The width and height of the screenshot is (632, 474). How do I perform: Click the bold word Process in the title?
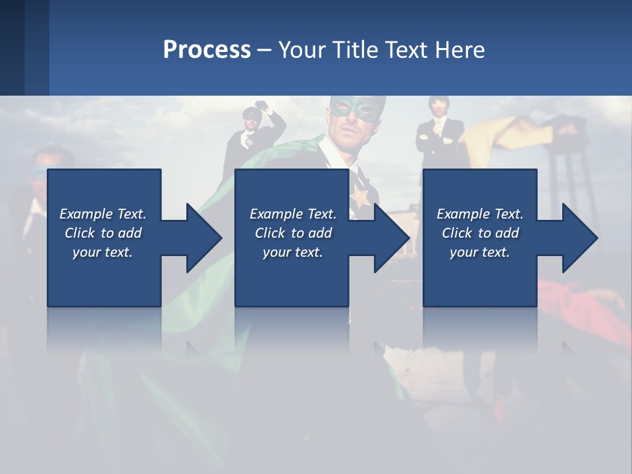coord(207,50)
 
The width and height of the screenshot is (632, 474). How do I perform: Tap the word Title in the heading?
coord(354,50)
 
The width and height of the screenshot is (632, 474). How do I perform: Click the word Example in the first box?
coord(86,214)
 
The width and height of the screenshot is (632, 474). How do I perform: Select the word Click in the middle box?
coord(270,233)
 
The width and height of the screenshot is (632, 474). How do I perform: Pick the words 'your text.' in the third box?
coord(479,252)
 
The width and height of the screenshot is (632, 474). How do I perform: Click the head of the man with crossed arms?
coord(437,105)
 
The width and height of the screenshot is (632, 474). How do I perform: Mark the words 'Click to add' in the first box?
coord(103,233)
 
